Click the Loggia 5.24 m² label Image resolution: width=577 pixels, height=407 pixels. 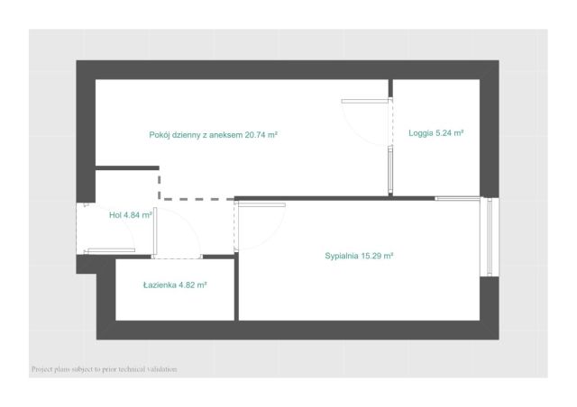[435, 133]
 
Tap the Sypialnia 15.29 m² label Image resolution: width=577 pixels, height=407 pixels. [359, 256]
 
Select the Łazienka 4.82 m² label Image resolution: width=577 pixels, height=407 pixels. [175, 285]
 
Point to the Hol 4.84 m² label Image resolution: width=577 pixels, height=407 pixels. [131, 215]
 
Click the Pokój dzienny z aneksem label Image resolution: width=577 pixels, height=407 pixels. [196, 135]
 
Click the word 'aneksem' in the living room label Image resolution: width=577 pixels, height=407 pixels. [226, 135]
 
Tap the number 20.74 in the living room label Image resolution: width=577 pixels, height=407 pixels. [254, 135]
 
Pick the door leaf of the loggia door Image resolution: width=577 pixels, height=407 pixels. [365, 101]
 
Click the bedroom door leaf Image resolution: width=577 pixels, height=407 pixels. [261, 204]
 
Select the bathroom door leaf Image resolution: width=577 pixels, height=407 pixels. [155, 231]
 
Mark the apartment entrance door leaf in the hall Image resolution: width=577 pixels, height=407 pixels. [111, 250]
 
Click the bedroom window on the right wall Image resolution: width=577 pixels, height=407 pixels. [490, 237]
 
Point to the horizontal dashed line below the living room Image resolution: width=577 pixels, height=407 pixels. [198, 199]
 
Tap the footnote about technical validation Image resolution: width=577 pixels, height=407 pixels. [105, 369]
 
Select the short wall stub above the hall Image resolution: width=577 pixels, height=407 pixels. [127, 168]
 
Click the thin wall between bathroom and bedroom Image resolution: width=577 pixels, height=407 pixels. [236, 286]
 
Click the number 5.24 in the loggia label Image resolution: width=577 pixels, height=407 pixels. [444, 133]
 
